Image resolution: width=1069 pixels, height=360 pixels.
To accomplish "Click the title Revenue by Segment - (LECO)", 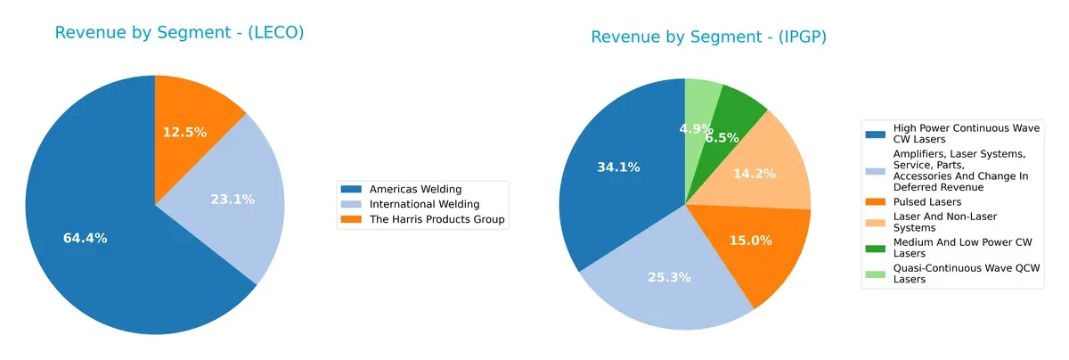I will (x=179, y=33).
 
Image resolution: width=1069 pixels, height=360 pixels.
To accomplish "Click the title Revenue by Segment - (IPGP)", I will (x=709, y=37).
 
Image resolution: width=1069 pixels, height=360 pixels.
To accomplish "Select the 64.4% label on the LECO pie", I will (x=86, y=238).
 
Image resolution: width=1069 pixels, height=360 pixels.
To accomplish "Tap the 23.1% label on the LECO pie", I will (x=232, y=200).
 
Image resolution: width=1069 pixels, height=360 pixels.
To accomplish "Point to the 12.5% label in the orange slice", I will (x=184, y=132).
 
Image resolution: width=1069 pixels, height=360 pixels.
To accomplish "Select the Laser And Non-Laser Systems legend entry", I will (x=943, y=222).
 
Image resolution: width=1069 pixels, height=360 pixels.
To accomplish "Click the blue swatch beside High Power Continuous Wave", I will (x=876, y=134).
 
